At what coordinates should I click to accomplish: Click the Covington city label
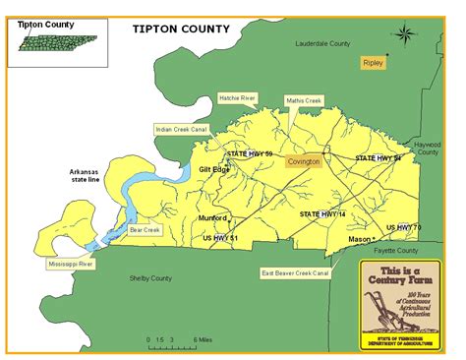point(303,160)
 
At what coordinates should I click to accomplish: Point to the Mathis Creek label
point(304,100)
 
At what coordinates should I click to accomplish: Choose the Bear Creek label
point(144,230)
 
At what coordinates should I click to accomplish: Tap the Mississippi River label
point(71,264)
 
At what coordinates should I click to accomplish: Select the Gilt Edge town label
point(214,169)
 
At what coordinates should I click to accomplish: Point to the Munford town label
point(212,217)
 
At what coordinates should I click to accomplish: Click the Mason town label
point(360,239)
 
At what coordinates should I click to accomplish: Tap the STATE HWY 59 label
point(250,154)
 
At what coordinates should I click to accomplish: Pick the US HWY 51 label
point(220,237)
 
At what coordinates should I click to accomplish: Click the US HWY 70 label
point(403,227)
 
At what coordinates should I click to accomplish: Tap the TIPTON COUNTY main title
point(181,29)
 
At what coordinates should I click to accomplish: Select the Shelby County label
point(151,277)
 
